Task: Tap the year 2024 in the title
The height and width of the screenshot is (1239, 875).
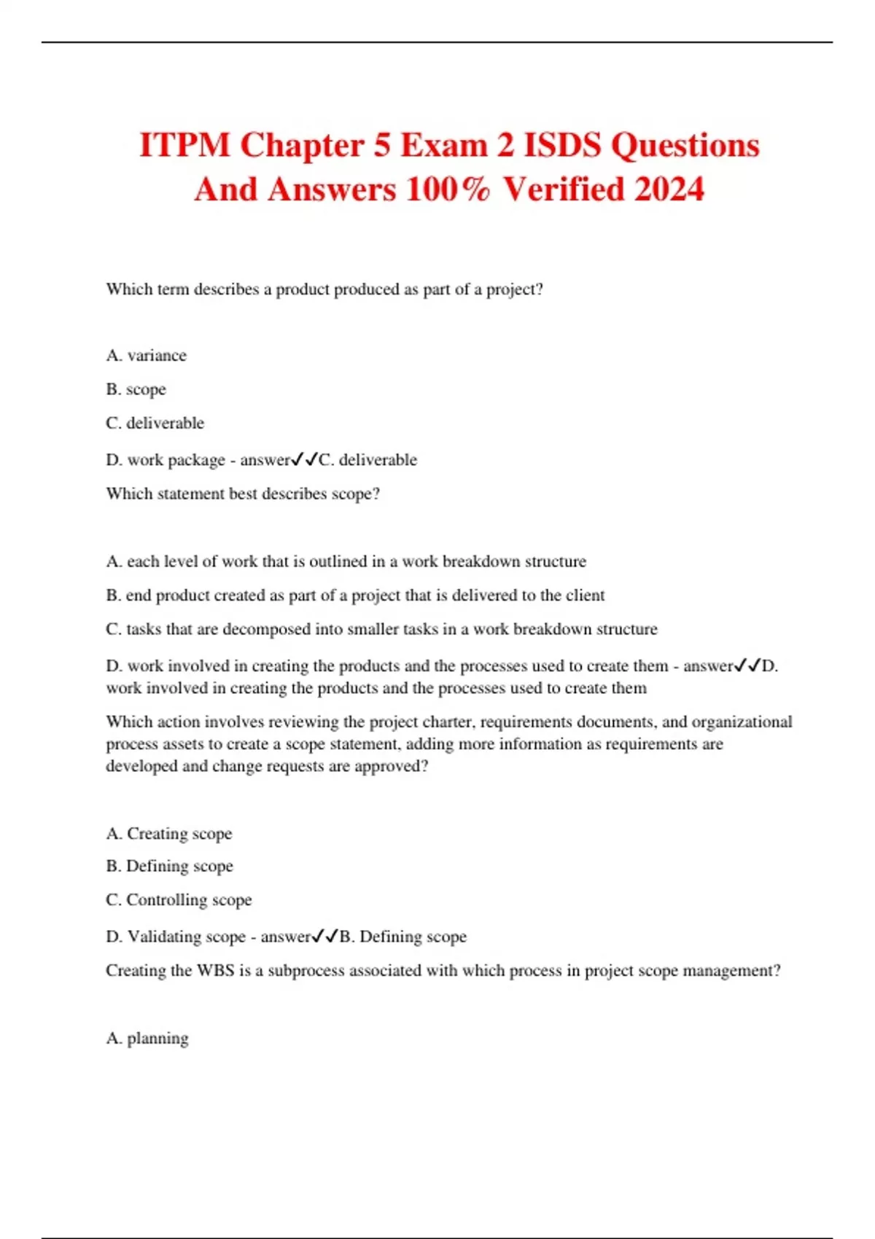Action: [x=669, y=189]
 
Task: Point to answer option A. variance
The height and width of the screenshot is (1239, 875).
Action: [x=146, y=356]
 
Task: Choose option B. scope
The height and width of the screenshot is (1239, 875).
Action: [x=136, y=389]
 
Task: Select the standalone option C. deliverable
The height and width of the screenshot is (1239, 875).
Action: [x=155, y=423]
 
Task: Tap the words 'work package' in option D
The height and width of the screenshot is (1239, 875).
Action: [x=176, y=460]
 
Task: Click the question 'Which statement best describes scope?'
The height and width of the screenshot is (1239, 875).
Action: [x=243, y=493]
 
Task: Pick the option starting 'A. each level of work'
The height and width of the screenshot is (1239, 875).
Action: [x=346, y=561]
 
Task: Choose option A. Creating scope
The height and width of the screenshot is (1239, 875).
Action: [x=168, y=833]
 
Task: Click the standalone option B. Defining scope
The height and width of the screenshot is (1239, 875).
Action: [x=169, y=866]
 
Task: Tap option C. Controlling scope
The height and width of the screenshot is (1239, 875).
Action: [x=179, y=899]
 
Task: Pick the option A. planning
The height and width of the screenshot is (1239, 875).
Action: [x=147, y=1038]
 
